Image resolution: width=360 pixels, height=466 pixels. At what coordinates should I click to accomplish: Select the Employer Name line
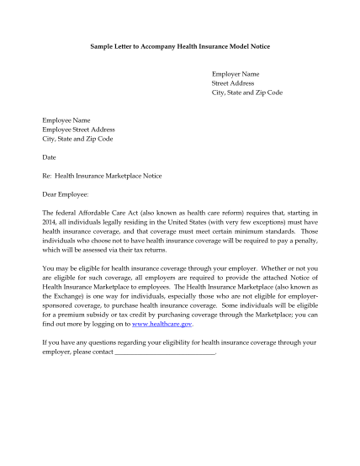(235, 74)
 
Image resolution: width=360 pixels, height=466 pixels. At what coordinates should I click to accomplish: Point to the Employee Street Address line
(78, 130)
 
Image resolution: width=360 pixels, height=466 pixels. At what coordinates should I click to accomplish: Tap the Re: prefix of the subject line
(47, 176)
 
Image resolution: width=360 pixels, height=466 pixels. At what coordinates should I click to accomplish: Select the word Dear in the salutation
(50, 194)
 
